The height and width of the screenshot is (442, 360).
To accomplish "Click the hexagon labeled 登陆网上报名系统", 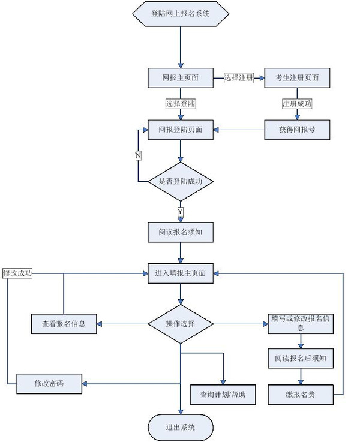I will coord(181,13).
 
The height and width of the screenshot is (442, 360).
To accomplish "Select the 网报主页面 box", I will coord(181,78).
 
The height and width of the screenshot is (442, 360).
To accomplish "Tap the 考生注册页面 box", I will coord(297,78).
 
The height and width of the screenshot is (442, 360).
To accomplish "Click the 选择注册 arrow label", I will coord(239,78).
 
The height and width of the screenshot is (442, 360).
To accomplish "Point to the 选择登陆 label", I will coord(181,104).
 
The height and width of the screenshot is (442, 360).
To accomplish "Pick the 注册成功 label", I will coord(297,104).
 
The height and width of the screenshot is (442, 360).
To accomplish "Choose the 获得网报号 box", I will coord(297,130).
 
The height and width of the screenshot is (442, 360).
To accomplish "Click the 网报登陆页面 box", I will coord(181,130).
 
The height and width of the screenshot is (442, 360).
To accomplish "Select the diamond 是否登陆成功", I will coord(181,181).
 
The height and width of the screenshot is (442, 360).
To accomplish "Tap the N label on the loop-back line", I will coord(139,156).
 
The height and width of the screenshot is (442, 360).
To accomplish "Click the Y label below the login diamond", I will coord(181,212).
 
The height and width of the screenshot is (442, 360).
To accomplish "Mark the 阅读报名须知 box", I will coord(181,231).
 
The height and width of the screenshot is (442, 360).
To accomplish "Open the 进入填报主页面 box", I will coord(181,273).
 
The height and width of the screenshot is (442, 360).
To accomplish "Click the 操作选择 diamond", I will coord(181,324).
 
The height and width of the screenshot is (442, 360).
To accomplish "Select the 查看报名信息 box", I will coord(64,324).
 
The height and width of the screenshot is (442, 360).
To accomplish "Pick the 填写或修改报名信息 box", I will coord(300,323).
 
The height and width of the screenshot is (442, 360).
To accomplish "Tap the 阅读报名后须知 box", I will coord(300,358).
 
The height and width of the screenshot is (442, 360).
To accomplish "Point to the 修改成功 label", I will coord(17,273).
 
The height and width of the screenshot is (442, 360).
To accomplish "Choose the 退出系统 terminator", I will coord(181,427).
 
